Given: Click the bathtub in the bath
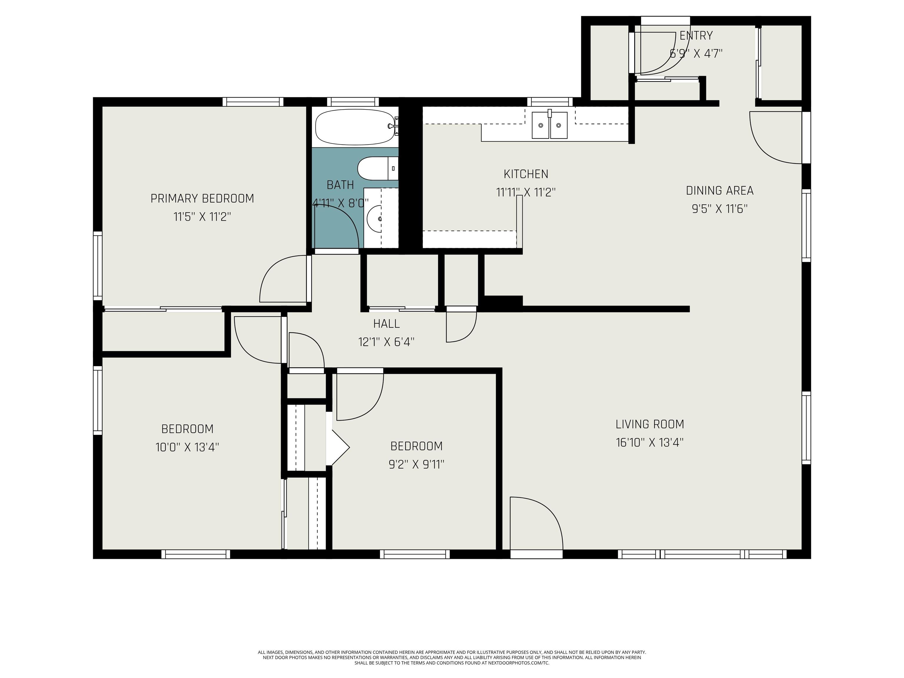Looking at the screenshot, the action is tap(355, 127).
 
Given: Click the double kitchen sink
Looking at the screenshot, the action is tap(549, 125).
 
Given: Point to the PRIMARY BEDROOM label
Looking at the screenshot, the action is tap(202, 199).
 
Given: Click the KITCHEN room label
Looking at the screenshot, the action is tap(526, 174).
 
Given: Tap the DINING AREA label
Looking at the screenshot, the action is tap(720, 190).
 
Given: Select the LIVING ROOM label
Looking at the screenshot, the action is tap(650, 424).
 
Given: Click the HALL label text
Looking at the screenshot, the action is tap(386, 324).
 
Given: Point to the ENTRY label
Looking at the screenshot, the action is tap(696, 36).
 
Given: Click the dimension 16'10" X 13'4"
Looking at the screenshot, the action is tap(650, 442).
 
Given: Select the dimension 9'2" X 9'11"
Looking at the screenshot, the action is tap(416, 464).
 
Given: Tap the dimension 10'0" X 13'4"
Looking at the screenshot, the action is tap(187, 447).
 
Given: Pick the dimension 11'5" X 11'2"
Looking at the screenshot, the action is tap(202, 217).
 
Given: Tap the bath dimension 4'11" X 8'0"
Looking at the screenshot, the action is tap(340, 203).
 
